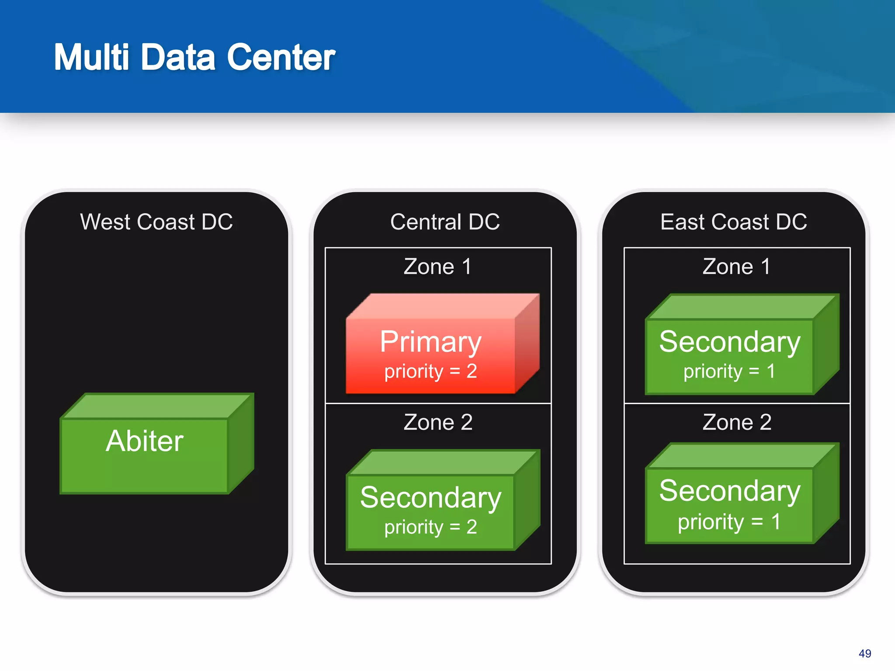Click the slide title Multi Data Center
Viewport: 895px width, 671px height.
pyautogui.click(x=194, y=57)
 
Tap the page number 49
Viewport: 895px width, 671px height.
pyautogui.click(x=864, y=654)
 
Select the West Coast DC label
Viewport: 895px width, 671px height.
pyautogui.click(x=156, y=222)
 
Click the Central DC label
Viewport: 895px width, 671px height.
pyautogui.click(x=445, y=222)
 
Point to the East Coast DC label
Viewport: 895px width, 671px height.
pyautogui.click(x=733, y=222)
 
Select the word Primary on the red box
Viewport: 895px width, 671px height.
pyautogui.click(x=430, y=342)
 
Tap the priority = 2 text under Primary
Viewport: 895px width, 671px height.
pyautogui.click(x=430, y=371)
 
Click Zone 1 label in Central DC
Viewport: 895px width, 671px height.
pyautogui.click(x=438, y=266)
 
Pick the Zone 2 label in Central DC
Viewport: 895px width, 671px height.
pyautogui.click(x=438, y=422)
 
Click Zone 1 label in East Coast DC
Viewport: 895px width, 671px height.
pyautogui.click(x=737, y=266)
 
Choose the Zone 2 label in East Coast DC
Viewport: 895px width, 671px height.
pyautogui.click(x=737, y=422)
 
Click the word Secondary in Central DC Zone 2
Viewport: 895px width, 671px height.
pyautogui.click(x=430, y=498)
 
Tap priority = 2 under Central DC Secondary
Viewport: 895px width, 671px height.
pyautogui.click(x=430, y=527)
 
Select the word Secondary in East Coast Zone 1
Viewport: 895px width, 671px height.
pyautogui.click(x=730, y=342)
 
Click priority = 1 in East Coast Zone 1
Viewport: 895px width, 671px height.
pyautogui.click(x=729, y=371)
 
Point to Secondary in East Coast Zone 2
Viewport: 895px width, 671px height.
pyautogui.click(x=730, y=491)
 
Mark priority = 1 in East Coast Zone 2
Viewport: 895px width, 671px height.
pyautogui.click(x=729, y=522)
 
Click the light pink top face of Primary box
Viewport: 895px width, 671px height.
pyautogui.click(x=441, y=306)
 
